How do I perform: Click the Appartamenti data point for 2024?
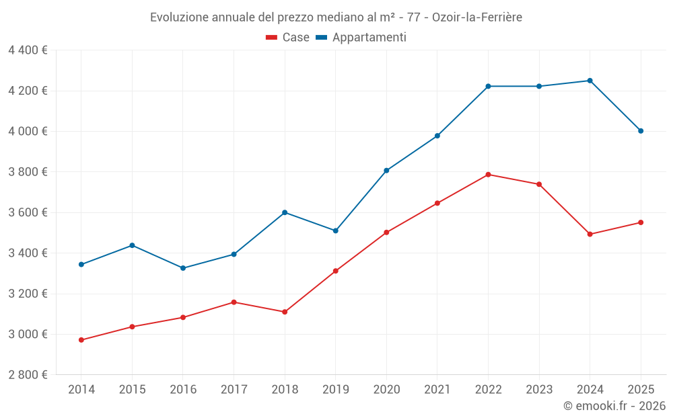coord(590,81)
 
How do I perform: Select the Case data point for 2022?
coord(488,175)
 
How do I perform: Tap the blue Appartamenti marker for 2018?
coord(285,212)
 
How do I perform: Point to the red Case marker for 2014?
coord(81,340)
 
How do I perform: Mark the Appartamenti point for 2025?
coord(641,131)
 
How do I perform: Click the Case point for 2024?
coord(590,234)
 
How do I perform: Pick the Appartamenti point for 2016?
coord(183,268)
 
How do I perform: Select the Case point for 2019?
coord(336,271)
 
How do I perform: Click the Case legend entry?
coord(288,38)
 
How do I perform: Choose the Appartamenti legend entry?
coord(361,38)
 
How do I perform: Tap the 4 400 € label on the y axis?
coord(28,50)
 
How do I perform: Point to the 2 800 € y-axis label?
coord(28,375)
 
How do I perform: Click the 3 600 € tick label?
coord(28,212)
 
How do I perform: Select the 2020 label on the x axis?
coord(386,390)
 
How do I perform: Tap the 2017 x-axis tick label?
coord(234,390)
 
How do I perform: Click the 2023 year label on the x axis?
coord(539,390)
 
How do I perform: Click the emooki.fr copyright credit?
coord(614,406)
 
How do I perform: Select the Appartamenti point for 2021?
coord(437,136)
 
